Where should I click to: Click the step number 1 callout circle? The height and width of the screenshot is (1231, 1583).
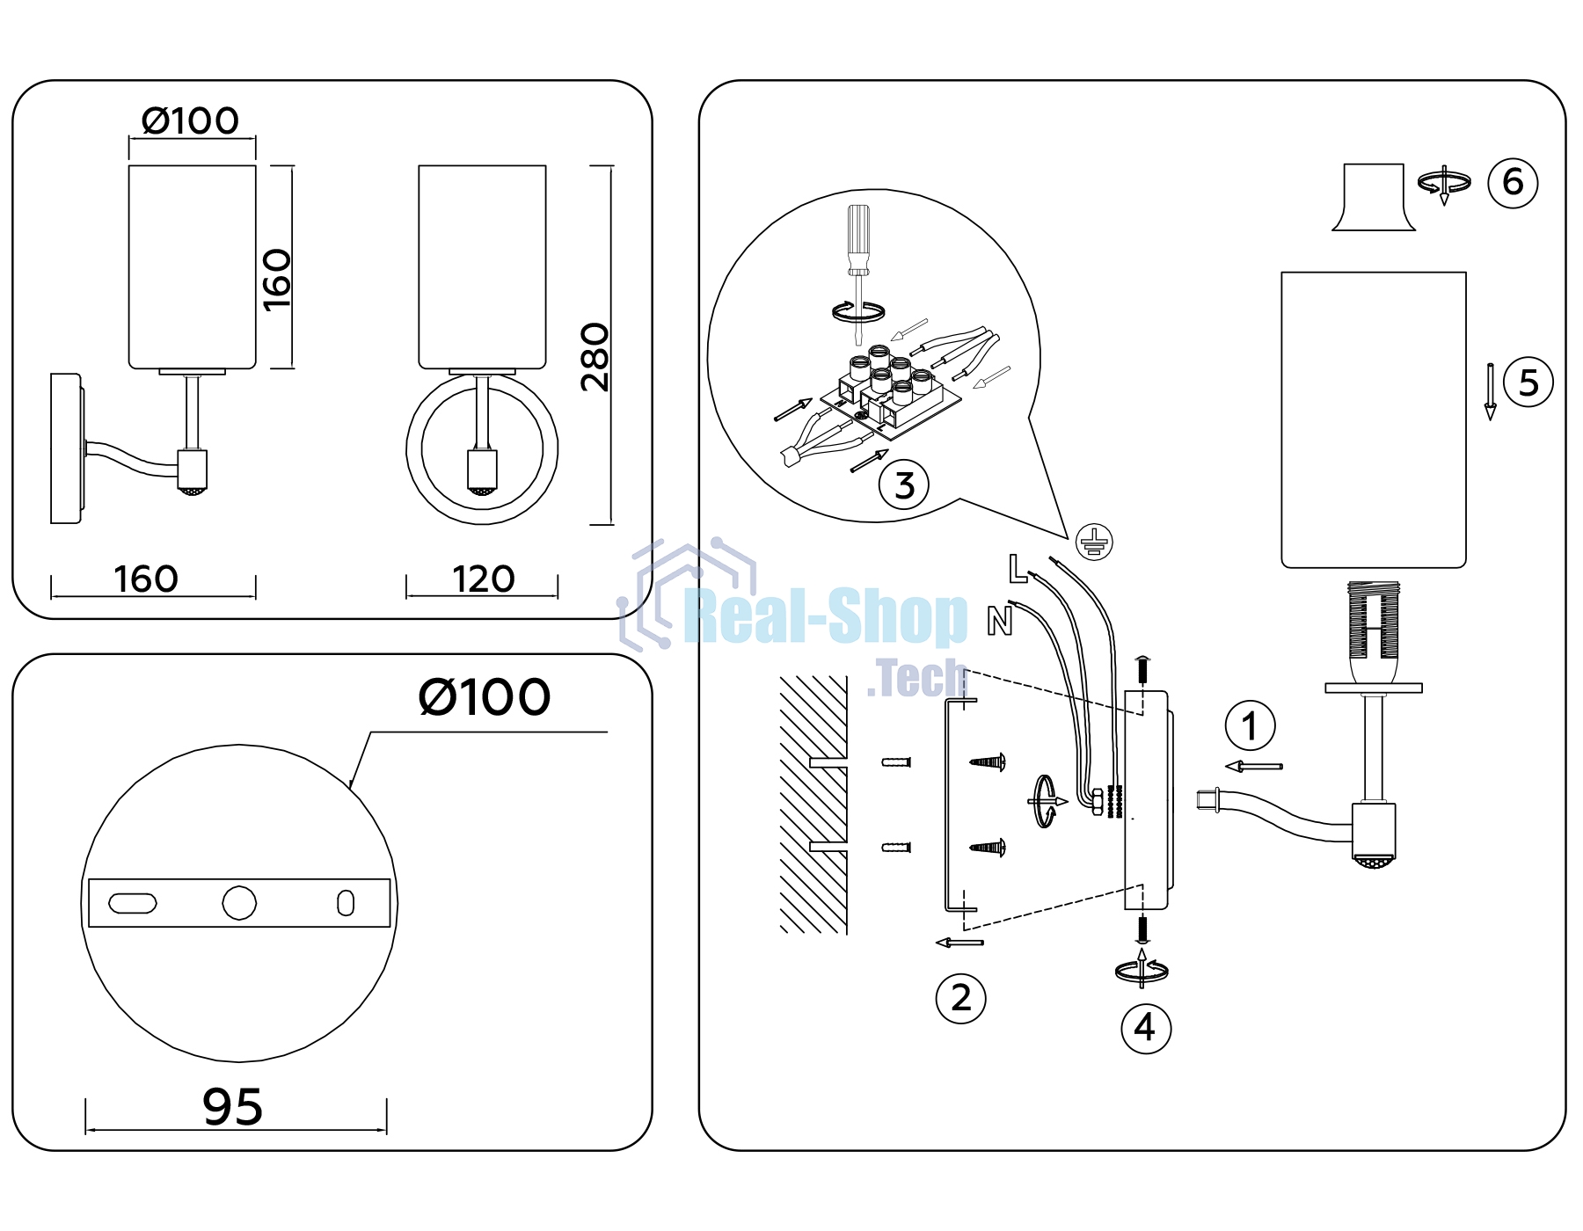point(1250,726)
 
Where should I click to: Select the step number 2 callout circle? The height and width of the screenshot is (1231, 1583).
point(960,999)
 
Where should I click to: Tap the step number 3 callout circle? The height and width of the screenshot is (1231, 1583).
point(904,484)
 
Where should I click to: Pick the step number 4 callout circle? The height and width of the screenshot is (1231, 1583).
point(1146,1028)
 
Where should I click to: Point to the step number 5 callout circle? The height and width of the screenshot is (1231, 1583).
point(1528,382)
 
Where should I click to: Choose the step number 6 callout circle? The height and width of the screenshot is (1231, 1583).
point(1513,183)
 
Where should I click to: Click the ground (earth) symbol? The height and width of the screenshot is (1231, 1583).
point(1094,542)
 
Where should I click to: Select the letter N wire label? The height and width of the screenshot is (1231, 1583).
point(1000,621)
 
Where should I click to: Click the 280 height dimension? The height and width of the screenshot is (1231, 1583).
point(595,357)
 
